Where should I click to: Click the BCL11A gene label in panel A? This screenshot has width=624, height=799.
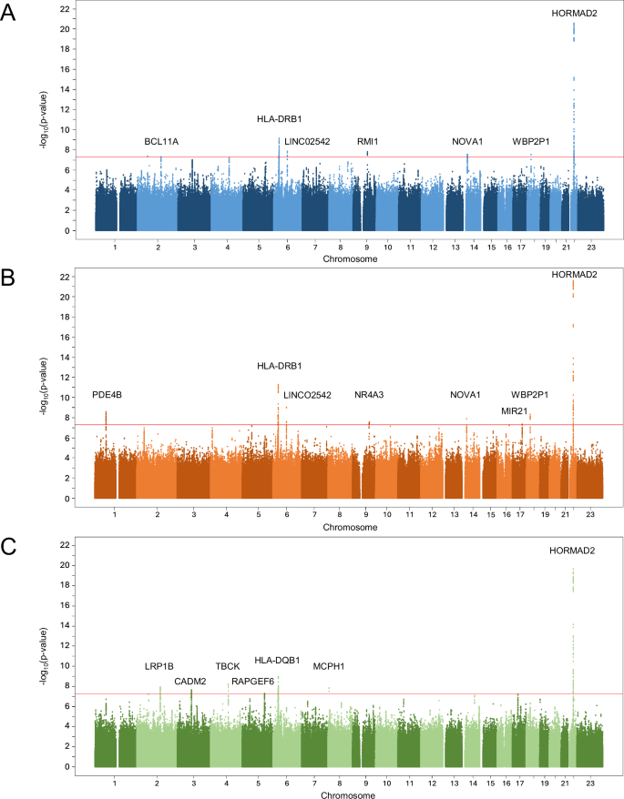pos(161,142)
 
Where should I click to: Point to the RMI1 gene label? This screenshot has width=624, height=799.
pos(367,142)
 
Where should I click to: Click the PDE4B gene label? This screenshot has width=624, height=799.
pos(107,395)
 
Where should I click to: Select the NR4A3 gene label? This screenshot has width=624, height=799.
pos(369,395)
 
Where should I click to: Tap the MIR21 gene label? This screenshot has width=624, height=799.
pos(514,411)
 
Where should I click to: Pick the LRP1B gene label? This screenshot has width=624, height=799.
pos(159,666)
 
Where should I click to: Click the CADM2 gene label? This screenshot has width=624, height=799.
pos(189,681)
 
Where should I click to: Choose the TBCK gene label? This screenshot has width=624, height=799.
pos(228,666)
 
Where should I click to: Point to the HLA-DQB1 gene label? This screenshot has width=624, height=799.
pos(277,661)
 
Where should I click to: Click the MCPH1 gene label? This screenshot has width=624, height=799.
pos(328,666)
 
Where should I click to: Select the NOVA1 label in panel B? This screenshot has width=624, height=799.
pos(465,395)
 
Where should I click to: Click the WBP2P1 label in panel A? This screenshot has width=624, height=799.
pos(529,142)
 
